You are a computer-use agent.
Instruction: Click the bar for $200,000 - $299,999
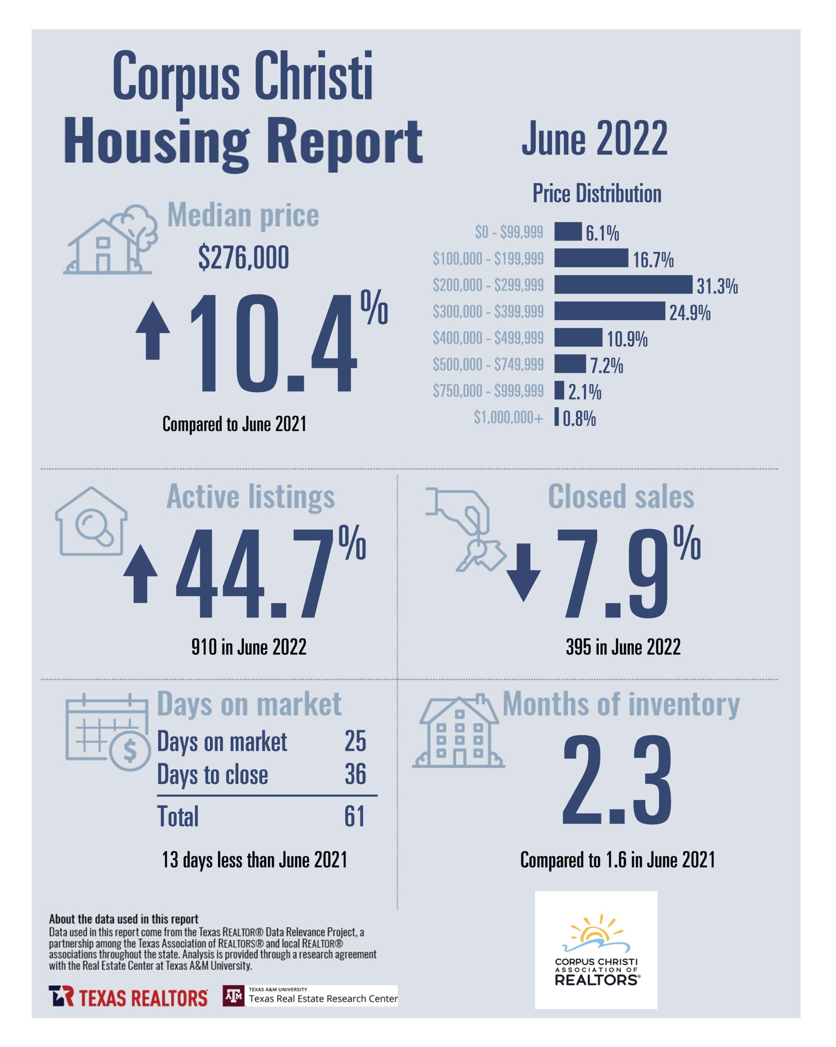[x=623, y=284]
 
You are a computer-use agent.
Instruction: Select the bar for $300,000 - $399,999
[x=609, y=311]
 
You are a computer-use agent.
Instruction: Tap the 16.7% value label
[x=652, y=260]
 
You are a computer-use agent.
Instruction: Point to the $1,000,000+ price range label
[x=508, y=417]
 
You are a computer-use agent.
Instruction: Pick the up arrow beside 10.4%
[x=153, y=330]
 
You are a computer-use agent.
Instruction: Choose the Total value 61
[x=355, y=816]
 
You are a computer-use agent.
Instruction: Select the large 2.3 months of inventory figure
[x=617, y=781]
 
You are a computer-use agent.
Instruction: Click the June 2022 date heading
[x=594, y=139]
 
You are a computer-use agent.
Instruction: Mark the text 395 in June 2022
[x=623, y=647]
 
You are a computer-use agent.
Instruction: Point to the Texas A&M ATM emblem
[x=234, y=996]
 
